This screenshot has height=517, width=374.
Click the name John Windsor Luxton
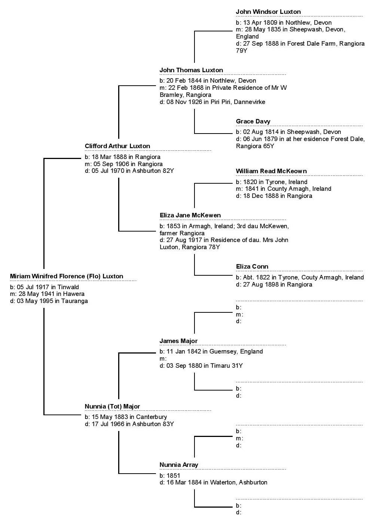pos(268,12)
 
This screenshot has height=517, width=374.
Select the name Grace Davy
pos(253,122)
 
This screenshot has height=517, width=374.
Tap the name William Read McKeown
pos(271,171)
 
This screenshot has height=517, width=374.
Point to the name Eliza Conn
pos(252,267)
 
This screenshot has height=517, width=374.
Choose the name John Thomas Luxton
pos(191,70)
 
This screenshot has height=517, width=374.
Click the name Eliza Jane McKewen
pos(190,215)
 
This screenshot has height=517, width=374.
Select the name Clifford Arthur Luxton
pos(117,146)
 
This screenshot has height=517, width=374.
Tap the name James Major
pos(178,341)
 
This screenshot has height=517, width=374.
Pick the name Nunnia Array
pos(179,465)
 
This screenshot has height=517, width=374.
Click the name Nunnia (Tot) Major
pos(112,406)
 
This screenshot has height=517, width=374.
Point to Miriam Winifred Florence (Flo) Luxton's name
pos(67,276)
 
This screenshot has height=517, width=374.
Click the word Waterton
pos(223,483)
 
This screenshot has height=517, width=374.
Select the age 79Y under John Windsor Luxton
pos(241,51)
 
